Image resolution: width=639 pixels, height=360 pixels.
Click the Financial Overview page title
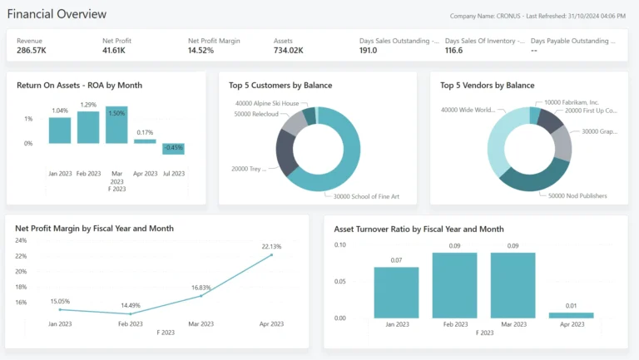[x=57, y=14]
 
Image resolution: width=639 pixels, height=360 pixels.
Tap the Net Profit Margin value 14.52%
[x=204, y=51]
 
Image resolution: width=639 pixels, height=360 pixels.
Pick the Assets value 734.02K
[x=289, y=51]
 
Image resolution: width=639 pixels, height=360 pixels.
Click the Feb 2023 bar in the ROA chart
[x=88, y=127]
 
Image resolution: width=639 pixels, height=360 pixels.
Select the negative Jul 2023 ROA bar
[x=173, y=149]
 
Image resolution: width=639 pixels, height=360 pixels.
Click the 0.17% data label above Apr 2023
[x=145, y=132]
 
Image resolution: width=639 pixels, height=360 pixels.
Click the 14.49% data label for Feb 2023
[x=130, y=305]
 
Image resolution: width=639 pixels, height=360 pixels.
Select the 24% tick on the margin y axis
[x=20, y=239]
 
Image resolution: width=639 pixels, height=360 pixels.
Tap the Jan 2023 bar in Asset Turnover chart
[x=396, y=292]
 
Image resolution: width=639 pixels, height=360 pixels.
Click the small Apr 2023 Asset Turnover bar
[x=571, y=315]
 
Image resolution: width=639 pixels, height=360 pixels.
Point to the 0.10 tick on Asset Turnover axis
[x=339, y=244]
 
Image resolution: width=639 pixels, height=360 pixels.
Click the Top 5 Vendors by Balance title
[x=487, y=85]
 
